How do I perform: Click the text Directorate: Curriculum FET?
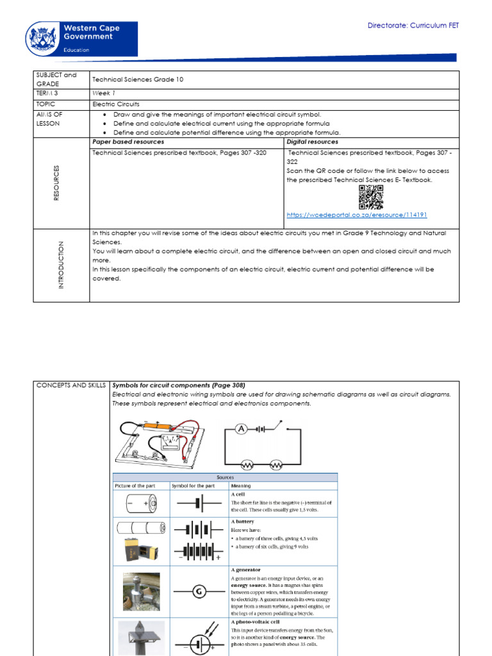pyautogui.click(x=413, y=26)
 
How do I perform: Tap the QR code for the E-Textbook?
pyautogui.click(x=371, y=197)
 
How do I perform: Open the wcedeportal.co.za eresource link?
pyautogui.click(x=357, y=215)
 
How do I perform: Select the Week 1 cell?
pyautogui.click(x=103, y=94)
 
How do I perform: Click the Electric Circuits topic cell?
pyautogui.click(x=116, y=104)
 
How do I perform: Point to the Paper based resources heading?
pyautogui.click(x=128, y=142)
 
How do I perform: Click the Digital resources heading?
pyautogui.click(x=313, y=142)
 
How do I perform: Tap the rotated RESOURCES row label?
pyautogui.click(x=56, y=183)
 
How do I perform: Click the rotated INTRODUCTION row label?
pyautogui.click(x=61, y=265)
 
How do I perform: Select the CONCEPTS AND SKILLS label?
pyautogui.click(x=71, y=385)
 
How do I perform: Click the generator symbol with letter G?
pyautogui.click(x=199, y=591)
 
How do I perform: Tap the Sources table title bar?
pyautogui.click(x=225, y=477)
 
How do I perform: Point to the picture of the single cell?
pyautogui.click(x=141, y=504)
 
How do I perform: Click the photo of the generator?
pyautogui.click(x=141, y=591)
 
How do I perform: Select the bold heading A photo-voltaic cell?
pyautogui.click(x=254, y=621)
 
